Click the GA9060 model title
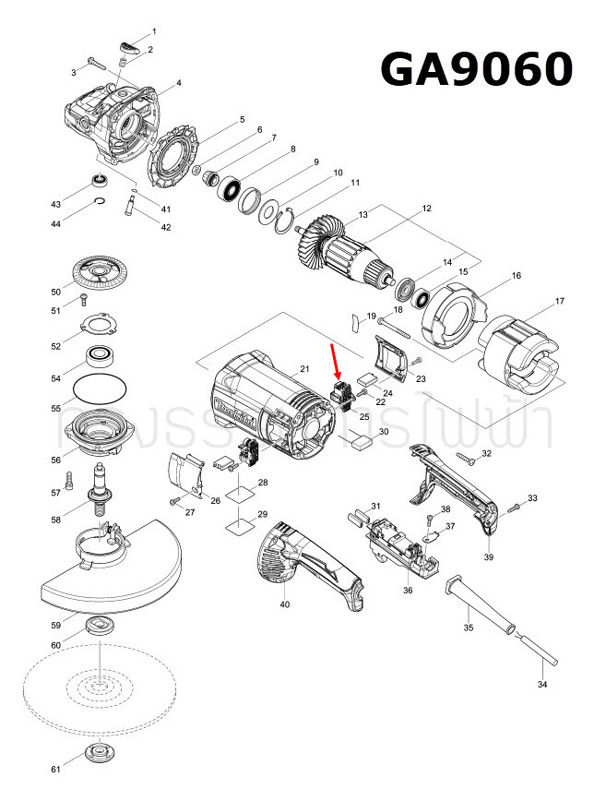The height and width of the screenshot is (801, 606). (x=477, y=68)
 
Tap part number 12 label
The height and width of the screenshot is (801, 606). (x=426, y=209)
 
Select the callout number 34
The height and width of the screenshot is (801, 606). (x=542, y=685)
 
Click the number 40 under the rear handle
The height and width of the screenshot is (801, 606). (x=284, y=604)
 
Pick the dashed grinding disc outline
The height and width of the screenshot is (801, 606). (x=97, y=685)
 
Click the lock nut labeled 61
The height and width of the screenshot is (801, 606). (x=96, y=752)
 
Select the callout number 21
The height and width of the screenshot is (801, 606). (x=303, y=370)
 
